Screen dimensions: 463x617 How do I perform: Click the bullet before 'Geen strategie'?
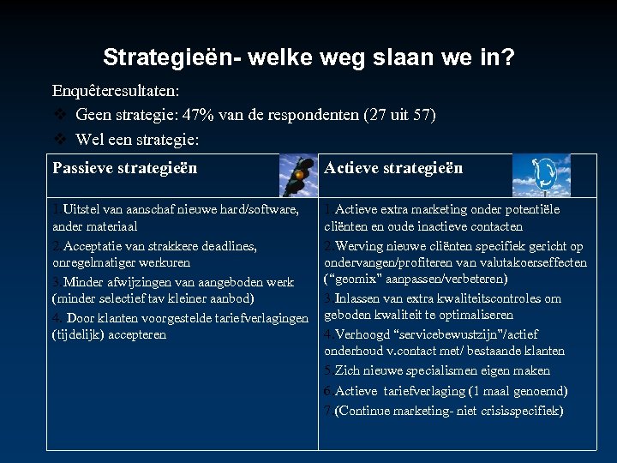pyautogui.click(x=59, y=115)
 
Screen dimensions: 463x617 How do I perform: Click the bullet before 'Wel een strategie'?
pyautogui.click(x=59, y=139)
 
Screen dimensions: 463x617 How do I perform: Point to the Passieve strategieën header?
pyautogui.click(x=125, y=168)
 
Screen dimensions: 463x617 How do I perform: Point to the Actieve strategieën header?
pyautogui.click(x=393, y=168)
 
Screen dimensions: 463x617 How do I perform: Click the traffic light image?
pyautogui.click(x=299, y=175)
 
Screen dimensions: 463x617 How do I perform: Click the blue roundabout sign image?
pyautogui.click(x=541, y=175)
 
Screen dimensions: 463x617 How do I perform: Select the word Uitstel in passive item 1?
pyautogui.click(x=83, y=209)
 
